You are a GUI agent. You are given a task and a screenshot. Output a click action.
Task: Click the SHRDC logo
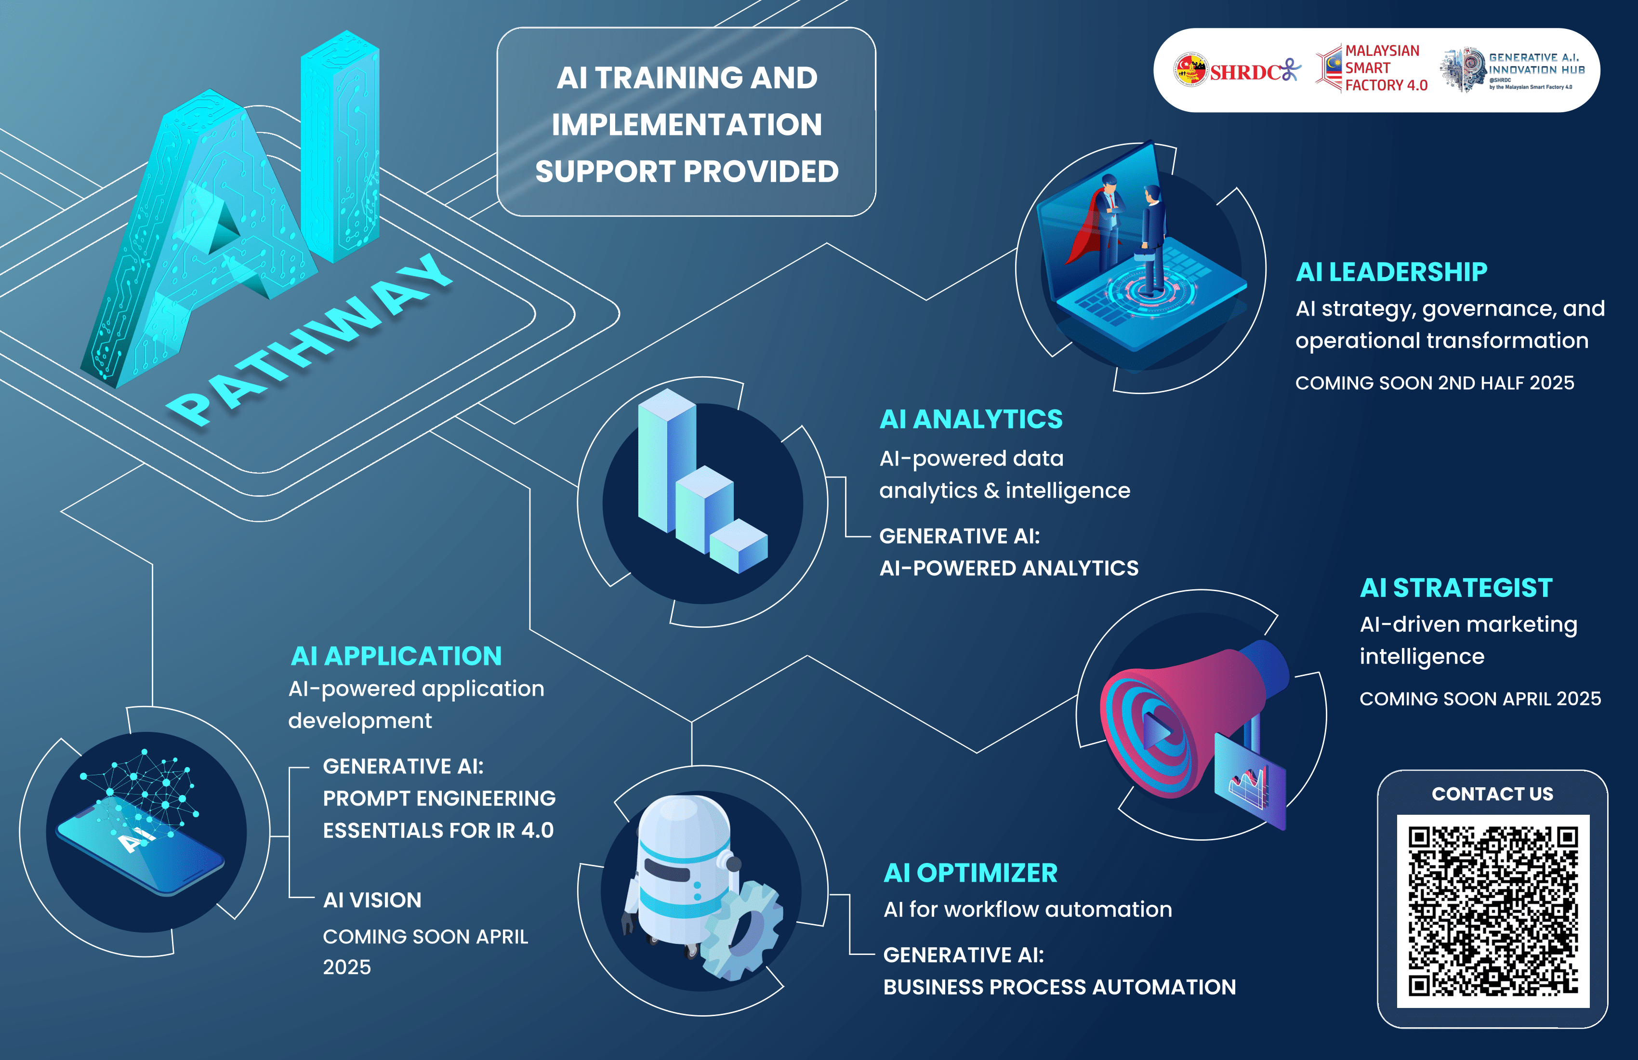pyautogui.click(x=1237, y=70)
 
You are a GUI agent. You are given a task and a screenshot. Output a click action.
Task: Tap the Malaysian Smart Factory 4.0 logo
pyautogui.click(x=1372, y=68)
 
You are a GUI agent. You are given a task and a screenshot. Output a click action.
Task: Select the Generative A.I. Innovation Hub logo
pyautogui.click(x=1512, y=69)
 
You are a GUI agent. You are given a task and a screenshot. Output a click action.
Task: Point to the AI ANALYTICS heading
pyautogui.click(x=971, y=419)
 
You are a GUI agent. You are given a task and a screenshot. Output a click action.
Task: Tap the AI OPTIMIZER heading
pyautogui.click(x=970, y=873)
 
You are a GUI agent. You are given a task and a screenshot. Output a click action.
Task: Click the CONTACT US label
pyautogui.click(x=1492, y=794)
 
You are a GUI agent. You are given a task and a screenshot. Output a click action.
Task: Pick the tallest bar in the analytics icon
pyautogui.click(x=666, y=460)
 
